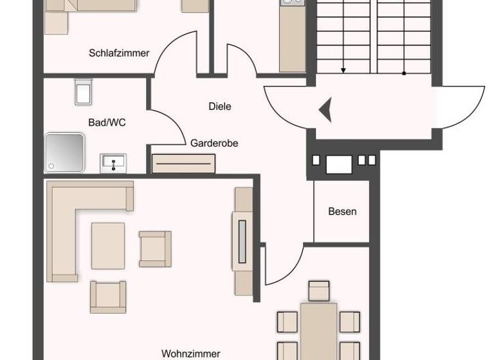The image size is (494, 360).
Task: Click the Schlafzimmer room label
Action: [119, 53]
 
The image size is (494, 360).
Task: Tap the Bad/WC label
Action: [107, 122]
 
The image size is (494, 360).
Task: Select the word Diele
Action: [219, 106]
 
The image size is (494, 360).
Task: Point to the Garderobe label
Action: [214, 143]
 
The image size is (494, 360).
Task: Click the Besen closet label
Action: [342, 212]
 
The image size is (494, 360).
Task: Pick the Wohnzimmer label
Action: [190, 354]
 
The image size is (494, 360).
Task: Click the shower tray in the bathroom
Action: [64, 152]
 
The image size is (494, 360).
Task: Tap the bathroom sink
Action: [113, 163]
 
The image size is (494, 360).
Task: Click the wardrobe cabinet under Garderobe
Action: [183, 164]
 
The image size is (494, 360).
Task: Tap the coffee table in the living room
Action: [108, 245]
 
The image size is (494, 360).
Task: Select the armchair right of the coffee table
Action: [156, 249]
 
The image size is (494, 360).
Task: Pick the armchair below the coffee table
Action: [108, 296]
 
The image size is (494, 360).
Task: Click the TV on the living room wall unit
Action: [242, 242]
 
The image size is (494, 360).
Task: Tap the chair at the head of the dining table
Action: [318, 291]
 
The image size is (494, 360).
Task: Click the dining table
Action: [318, 331]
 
